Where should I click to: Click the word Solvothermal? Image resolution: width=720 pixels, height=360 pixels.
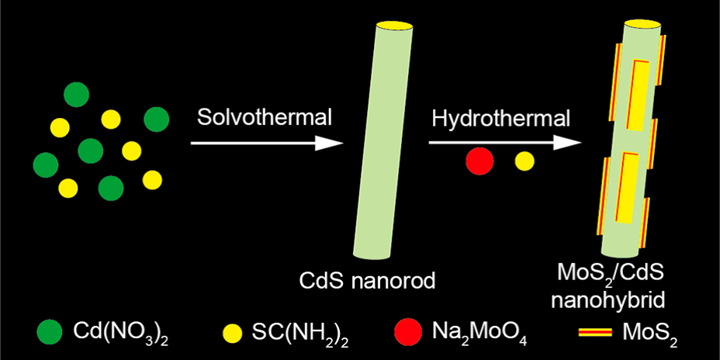click(x=265, y=118)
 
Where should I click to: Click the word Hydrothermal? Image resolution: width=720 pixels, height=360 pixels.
click(x=500, y=118)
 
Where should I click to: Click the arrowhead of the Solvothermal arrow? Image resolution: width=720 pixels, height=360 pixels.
click(x=330, y=143)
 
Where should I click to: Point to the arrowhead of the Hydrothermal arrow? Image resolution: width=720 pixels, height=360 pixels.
click(x=569, y=143)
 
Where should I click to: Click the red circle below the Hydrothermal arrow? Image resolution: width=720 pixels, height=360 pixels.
click(x=479, y=161)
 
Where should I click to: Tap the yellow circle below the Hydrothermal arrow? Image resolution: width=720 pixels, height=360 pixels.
click(x=524, y=161)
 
